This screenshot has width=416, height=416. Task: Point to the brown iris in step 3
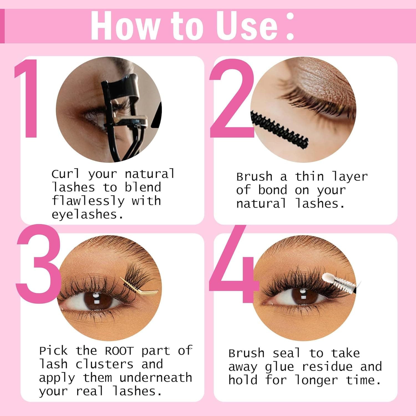click(x=96, y=301)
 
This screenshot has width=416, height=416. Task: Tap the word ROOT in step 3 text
click(x=119, y=351)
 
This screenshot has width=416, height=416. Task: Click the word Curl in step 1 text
click(x=65, y=174)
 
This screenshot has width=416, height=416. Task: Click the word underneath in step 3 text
click(x=156, y=378)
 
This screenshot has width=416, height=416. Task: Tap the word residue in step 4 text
click(x=327, y=367)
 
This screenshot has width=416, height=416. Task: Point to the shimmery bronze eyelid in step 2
click(x=313, y=80)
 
